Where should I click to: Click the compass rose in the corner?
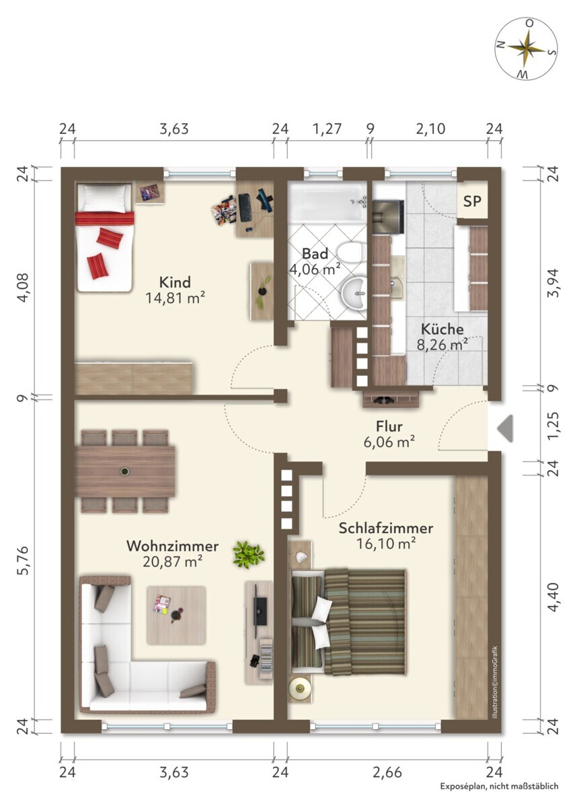[x=527, y=49]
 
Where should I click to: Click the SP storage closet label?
[x=472, y=201]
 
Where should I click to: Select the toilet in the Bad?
[x=351, y=252]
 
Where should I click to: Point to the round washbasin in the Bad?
[x=353, y=293]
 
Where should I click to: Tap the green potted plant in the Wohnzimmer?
[x=248, y=555]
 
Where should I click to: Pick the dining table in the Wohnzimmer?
[x=124, y=471]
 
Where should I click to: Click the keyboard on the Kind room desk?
[x=244, y=207]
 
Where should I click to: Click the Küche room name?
[x=442, y=329]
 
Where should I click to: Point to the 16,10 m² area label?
[x=386, y=543]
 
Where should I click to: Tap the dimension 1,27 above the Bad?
[x=327, y=129]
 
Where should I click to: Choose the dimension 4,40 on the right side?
[x=553, y=597]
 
